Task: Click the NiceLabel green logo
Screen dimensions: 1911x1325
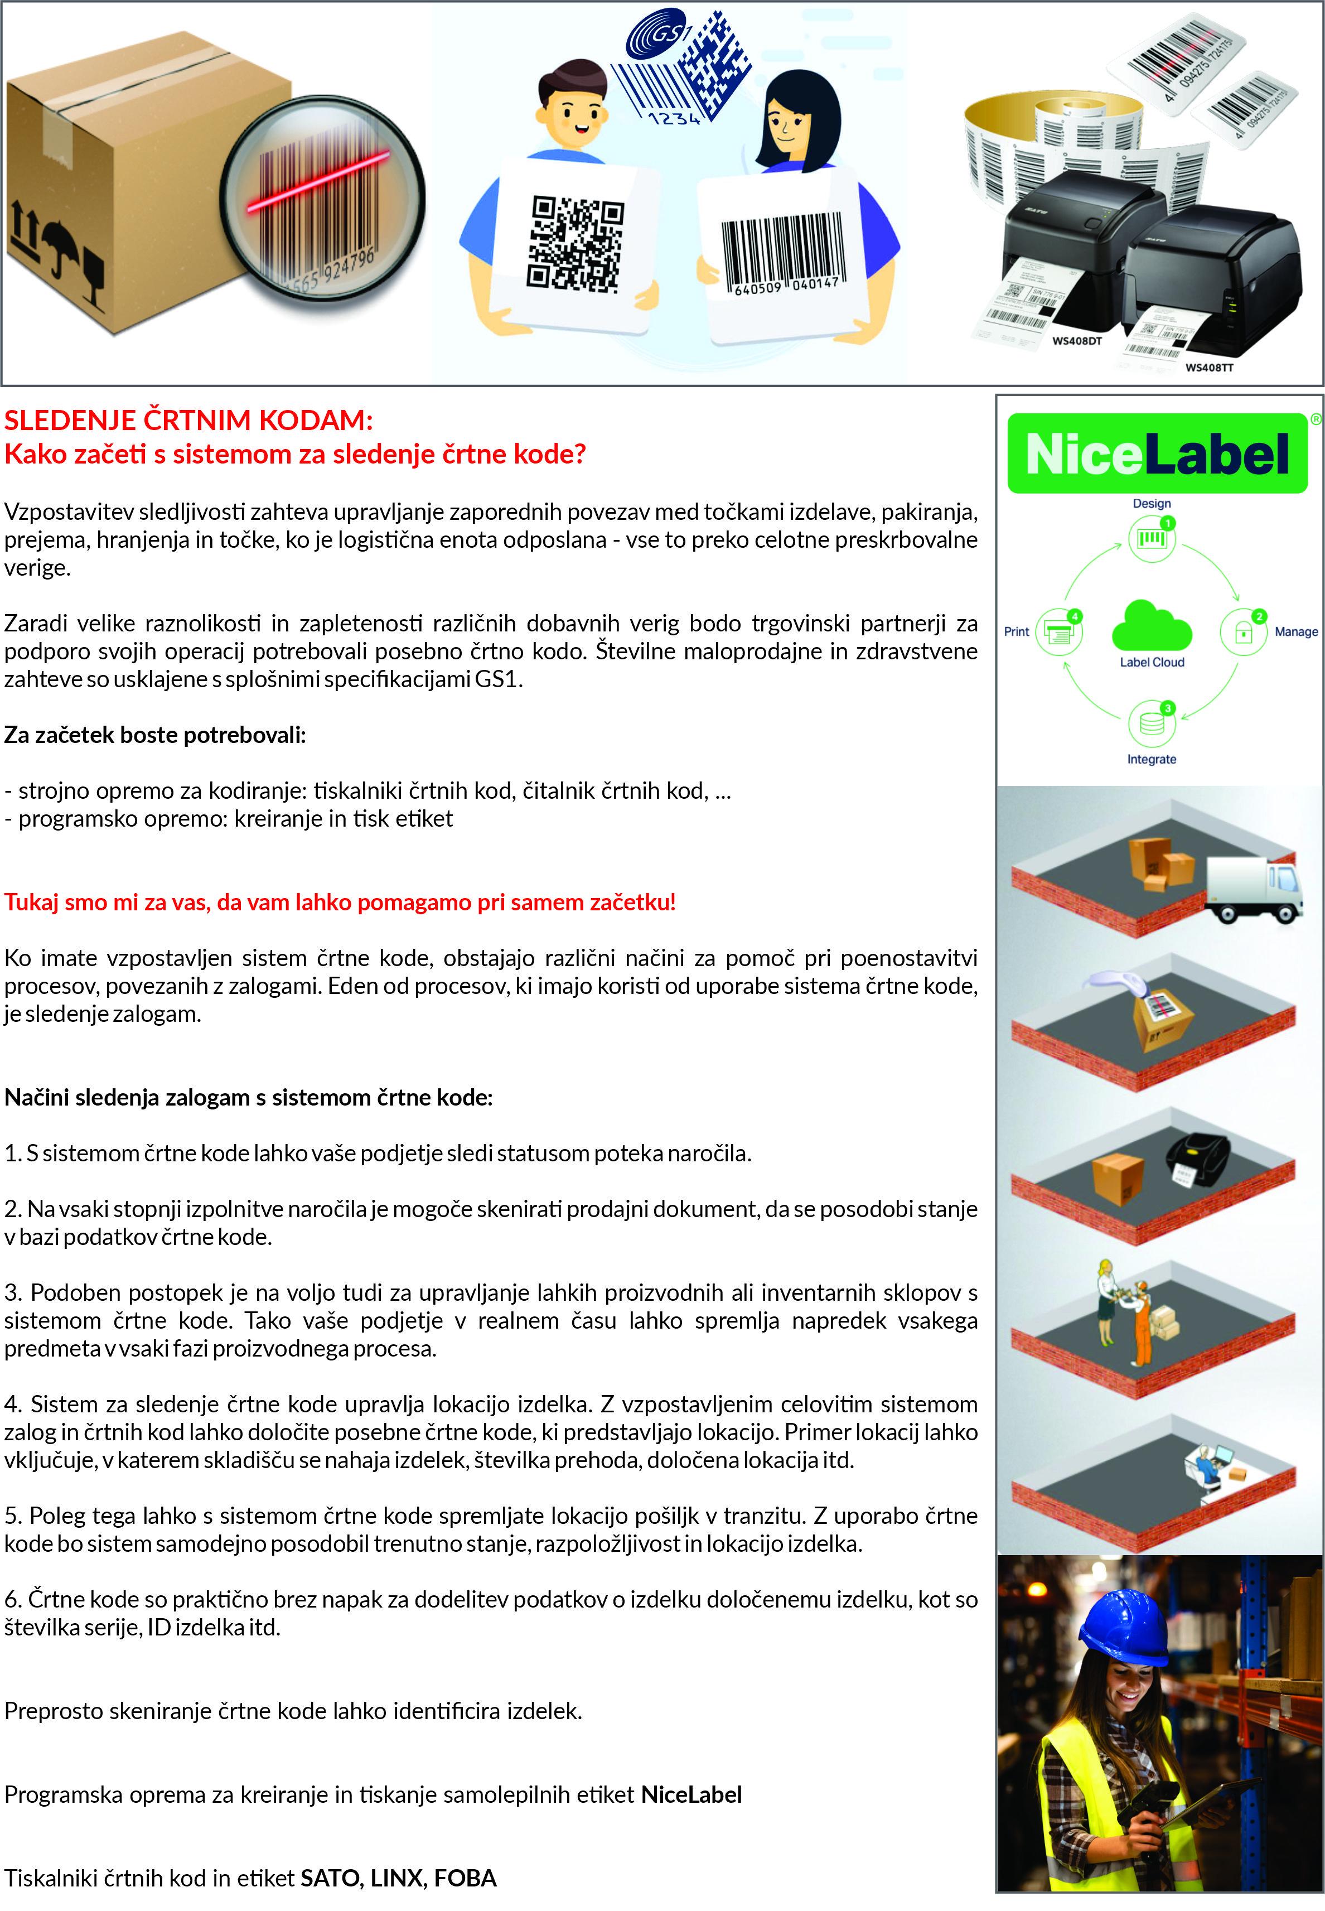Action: tap(1157, 453)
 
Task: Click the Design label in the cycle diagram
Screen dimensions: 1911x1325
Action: tap(1152, 504)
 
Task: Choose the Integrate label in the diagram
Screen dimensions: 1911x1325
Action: tap(1152, 759)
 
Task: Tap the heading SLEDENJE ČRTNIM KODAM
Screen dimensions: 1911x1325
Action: tap(188, 420)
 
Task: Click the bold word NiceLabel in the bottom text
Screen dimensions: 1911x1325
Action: tap(691, 1795)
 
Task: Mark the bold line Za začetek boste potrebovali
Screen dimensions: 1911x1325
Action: tap(155, 735)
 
